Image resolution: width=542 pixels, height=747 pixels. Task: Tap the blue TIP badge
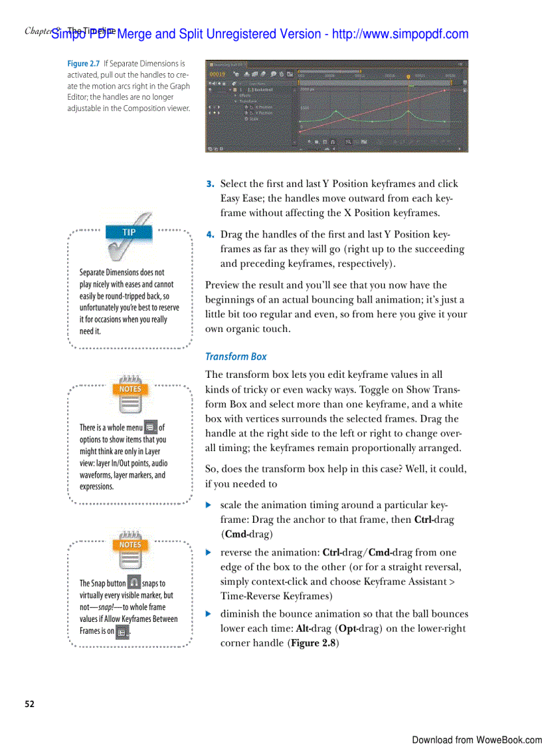[129, 232]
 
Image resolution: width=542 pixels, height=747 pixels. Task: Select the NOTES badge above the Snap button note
[130, 545]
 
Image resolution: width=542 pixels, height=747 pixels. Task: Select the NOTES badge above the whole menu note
[130, 389]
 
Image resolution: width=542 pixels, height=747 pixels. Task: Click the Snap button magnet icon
[134, 583]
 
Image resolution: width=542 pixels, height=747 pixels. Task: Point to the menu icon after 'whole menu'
[151, 428]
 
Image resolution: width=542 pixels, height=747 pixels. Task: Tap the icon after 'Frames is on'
[122, 631]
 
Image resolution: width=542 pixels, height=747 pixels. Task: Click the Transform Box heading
[236, 357]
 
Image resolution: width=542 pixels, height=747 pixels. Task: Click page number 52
[30, 704]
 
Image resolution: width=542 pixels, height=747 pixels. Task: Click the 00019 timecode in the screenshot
[219, 74]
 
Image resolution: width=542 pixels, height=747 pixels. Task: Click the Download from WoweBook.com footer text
[476, 740]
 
